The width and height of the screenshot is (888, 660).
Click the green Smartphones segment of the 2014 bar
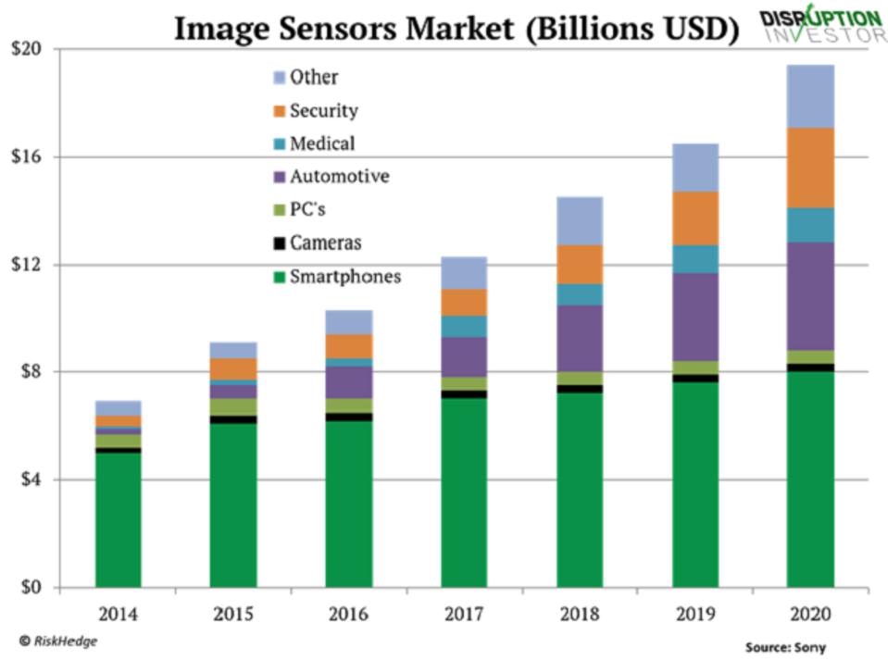(x=119, y=519)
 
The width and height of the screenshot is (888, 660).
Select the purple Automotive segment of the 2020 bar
(x=810, y=296)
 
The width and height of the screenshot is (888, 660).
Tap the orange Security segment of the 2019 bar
(x=694, y=218)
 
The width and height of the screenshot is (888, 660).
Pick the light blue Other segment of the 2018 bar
(x=580, y=220)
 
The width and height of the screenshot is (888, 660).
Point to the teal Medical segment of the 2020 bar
(x=810, y=225)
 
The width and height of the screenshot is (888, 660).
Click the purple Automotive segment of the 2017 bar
(x=464, y=356)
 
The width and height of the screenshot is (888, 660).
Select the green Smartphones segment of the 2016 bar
(x=349, y=504)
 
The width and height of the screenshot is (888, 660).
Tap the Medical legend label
(x=321, y=143)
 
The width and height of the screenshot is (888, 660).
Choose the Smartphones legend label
(x=345, y=276)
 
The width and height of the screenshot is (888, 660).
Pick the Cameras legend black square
(x=279, y=243)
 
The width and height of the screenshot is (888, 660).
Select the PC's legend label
(x=307, y=210)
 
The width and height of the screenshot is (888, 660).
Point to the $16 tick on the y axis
(x=30, y=156)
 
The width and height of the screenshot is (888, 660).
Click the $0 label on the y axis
(x=34, y=587)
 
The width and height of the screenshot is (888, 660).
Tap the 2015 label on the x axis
(x=233, y=614)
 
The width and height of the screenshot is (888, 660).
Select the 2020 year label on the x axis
(x=810, y=614)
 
